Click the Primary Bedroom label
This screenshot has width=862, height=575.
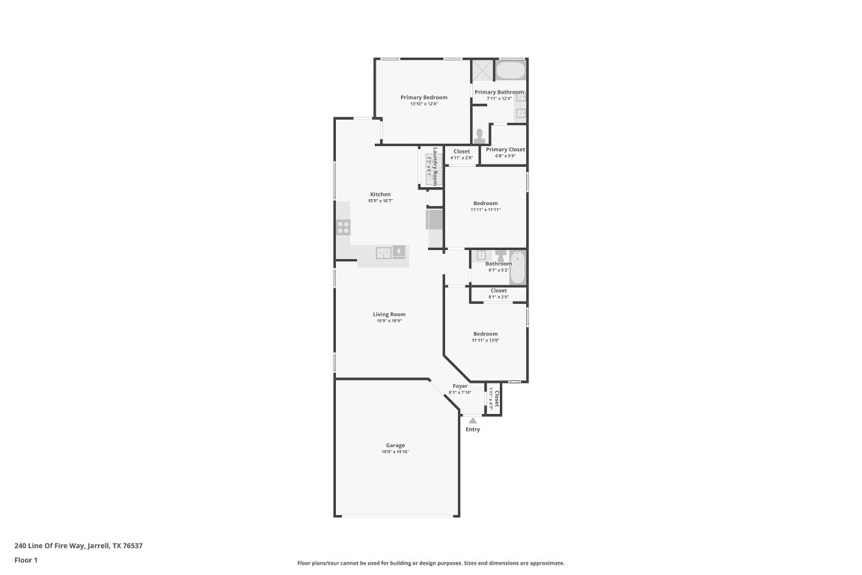point(424,97)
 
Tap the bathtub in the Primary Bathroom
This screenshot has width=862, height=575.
point(511,71)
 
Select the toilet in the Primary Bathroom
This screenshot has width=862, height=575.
point(479,136)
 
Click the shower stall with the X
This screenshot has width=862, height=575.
point(483,70)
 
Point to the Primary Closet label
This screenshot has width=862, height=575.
point(505,150)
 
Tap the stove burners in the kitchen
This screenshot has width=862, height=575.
point(343,227)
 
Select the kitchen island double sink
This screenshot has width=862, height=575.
point(383,253)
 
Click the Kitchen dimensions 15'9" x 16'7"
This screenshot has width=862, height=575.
point(380,201)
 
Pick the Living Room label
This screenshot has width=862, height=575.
point(389,314)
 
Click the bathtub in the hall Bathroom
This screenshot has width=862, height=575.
point(518,267)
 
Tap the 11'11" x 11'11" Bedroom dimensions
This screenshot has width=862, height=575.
point(485,210)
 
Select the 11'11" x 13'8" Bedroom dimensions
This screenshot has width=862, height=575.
point(485,340)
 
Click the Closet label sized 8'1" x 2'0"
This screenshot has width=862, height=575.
point(498,290)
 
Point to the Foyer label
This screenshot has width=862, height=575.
point(459,386)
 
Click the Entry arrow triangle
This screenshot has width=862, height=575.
point(472,421)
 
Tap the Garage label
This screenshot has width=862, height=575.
point(395,445)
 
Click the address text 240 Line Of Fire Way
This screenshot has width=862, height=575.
point(78,546)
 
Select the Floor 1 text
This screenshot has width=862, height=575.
point(25,559)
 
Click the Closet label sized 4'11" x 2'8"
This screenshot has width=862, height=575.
point(462,151)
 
